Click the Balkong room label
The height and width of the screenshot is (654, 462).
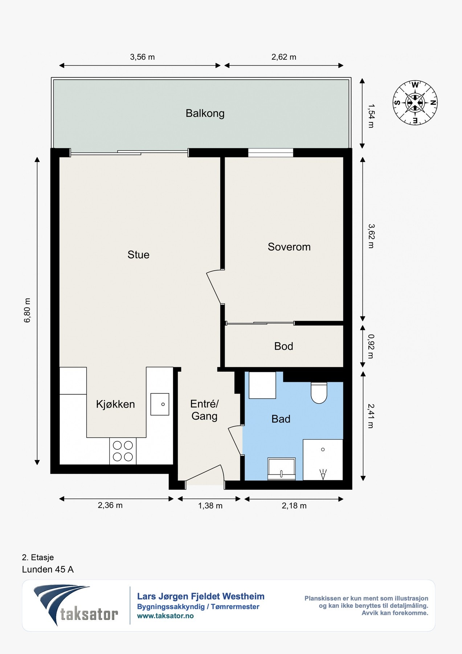click(205, 113)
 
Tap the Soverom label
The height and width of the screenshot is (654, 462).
click(289, 247)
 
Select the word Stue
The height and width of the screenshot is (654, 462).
click(138, 255)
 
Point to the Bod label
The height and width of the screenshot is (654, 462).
click(283, 346)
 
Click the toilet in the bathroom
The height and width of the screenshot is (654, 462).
click(319, 393)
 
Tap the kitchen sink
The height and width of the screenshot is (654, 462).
click(160, 404)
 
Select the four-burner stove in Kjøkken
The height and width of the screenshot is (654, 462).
click(123, 451)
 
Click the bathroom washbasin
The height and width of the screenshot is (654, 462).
click(282, 469)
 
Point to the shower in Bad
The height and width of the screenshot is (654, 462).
click(323, 460)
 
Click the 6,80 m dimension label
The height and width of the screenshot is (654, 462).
click(27, 310)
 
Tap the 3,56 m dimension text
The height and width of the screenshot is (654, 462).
click(142, 57)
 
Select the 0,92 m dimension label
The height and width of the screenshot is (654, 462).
click(371, 346)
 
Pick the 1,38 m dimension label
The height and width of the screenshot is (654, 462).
click(210, 506)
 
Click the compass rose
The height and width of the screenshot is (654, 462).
click(415, 103)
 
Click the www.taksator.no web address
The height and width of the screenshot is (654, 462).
click(165, 616)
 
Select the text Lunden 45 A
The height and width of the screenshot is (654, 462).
click(48, 569)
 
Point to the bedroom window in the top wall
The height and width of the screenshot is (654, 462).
click(270, 153)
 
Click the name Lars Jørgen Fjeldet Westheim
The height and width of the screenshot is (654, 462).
click(201, 597)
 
